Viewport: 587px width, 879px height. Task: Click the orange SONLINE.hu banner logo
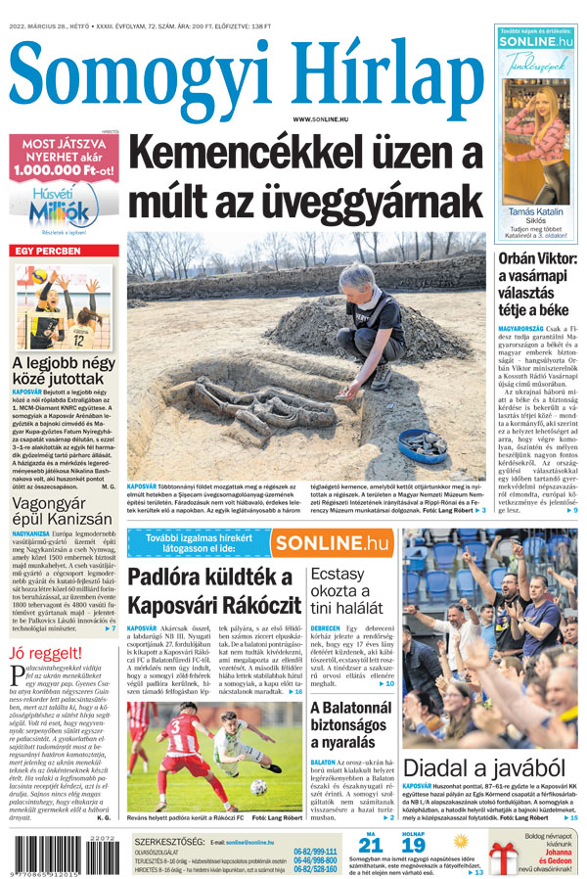332,542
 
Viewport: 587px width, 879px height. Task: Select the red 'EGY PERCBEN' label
47,252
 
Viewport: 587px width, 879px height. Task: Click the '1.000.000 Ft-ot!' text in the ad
62,169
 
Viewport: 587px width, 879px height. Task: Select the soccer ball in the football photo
258,786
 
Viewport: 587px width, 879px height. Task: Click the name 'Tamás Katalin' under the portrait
536,211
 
